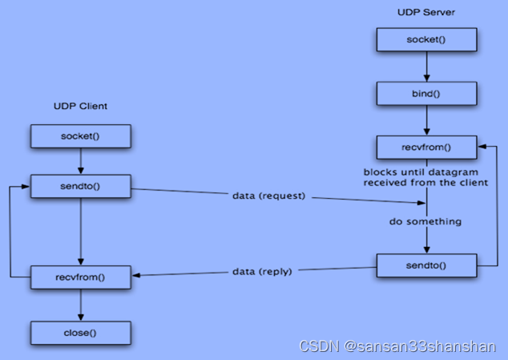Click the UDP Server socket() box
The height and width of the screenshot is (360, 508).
tap(426, 38)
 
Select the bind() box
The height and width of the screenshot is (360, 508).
tap(426, 94)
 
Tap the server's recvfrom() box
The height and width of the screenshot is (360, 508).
tap(426, 148)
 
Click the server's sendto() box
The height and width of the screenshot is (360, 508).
tap(426, 265)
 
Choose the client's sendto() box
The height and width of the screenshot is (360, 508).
tap(80, 188)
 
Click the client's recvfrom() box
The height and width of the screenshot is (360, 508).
tap(80, 277)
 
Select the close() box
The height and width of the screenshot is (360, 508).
tap(80, 330)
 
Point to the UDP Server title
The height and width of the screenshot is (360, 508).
tap(425, 11)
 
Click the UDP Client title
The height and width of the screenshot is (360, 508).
tap(80, 106)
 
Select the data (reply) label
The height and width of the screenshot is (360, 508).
tap(263, 272)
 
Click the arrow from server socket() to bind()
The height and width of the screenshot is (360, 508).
tap(426, 66)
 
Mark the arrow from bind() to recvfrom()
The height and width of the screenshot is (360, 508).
tap(426, 120)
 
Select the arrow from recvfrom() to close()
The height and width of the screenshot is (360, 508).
tap(80, 304)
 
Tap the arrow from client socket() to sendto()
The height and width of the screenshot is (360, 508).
tap(80, 161)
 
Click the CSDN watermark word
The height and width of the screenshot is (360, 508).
tap(318, 346)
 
